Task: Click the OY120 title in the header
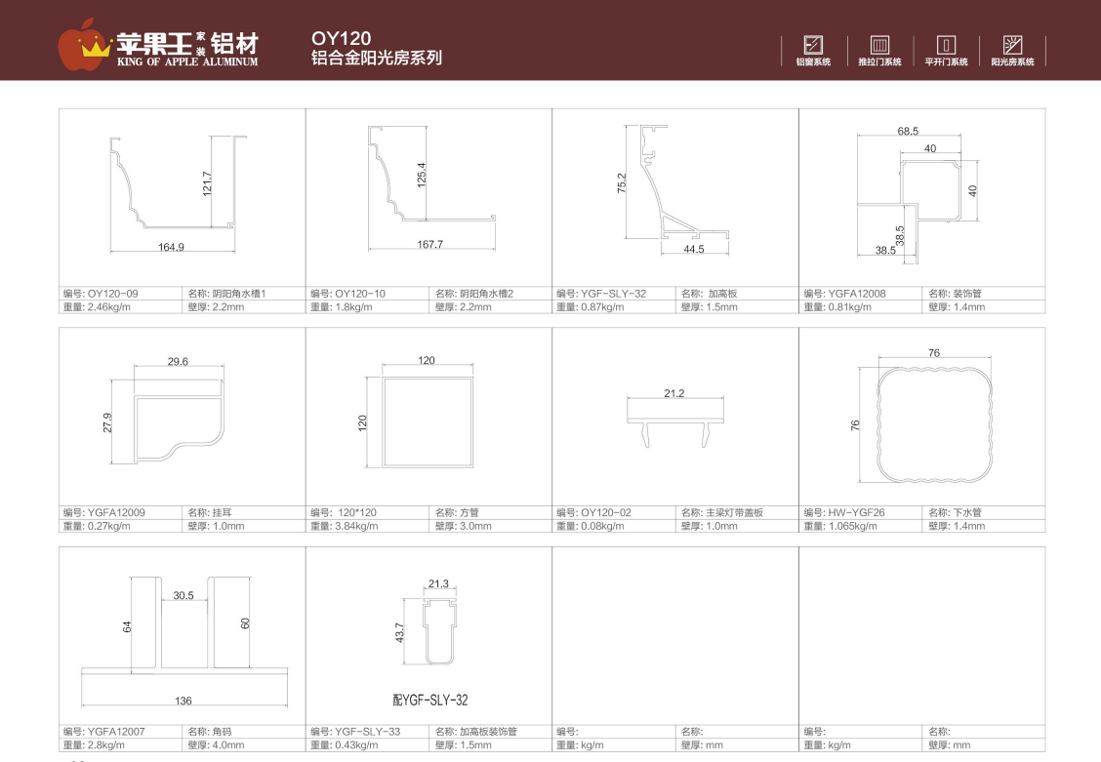[x=341, y=38]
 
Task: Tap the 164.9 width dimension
[x=172, y=247]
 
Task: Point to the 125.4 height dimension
[x=422, y=175]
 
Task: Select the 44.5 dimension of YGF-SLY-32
[x=694, y=249]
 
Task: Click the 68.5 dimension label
[x=908, y=131]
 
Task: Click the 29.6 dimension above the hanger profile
[x=178, y=361]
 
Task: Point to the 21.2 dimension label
[x=674, y=393]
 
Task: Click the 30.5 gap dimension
[x=183, y=596]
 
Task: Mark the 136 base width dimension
[x=183, y=701]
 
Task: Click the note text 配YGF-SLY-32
[x=430, y=700]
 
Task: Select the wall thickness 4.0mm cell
[x=217, y=744]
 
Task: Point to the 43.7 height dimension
[x=399, y=633]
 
